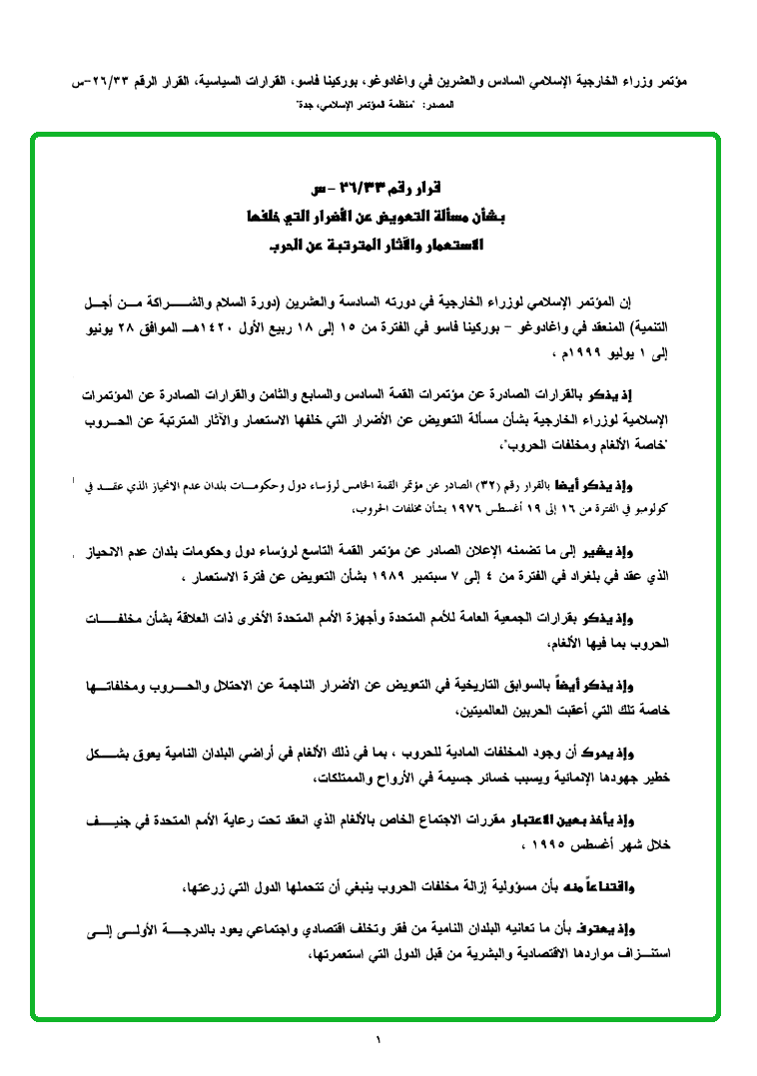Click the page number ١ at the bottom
(378, 1040)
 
